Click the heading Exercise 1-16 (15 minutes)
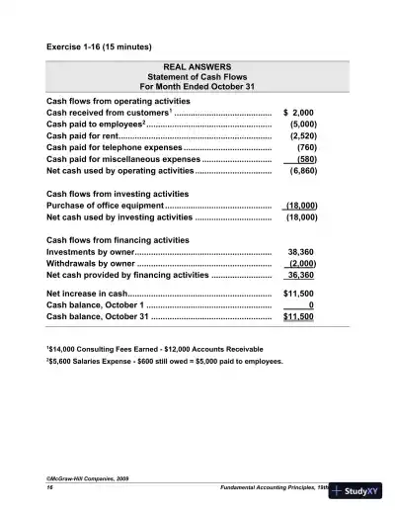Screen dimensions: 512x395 [97, 46]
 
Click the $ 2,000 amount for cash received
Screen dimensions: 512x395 [298, 114]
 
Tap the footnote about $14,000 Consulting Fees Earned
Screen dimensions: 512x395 [155, 350]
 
